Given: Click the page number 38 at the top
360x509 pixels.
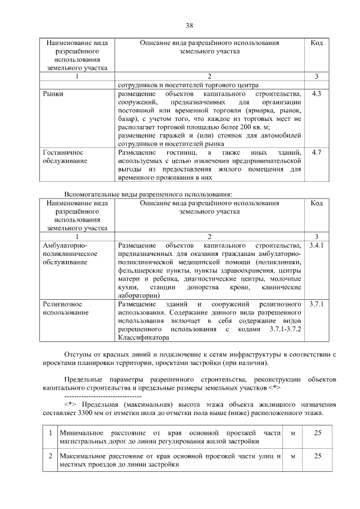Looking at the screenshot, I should (189, 25).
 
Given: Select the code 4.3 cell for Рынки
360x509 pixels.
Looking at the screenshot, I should (316, 94).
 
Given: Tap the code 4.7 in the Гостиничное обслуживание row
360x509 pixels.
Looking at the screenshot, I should (316, 152).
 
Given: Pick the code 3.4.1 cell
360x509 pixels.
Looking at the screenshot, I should (316, 246).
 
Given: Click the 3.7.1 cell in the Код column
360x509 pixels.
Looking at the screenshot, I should (316, 304).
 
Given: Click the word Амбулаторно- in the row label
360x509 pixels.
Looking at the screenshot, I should (65, 246).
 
